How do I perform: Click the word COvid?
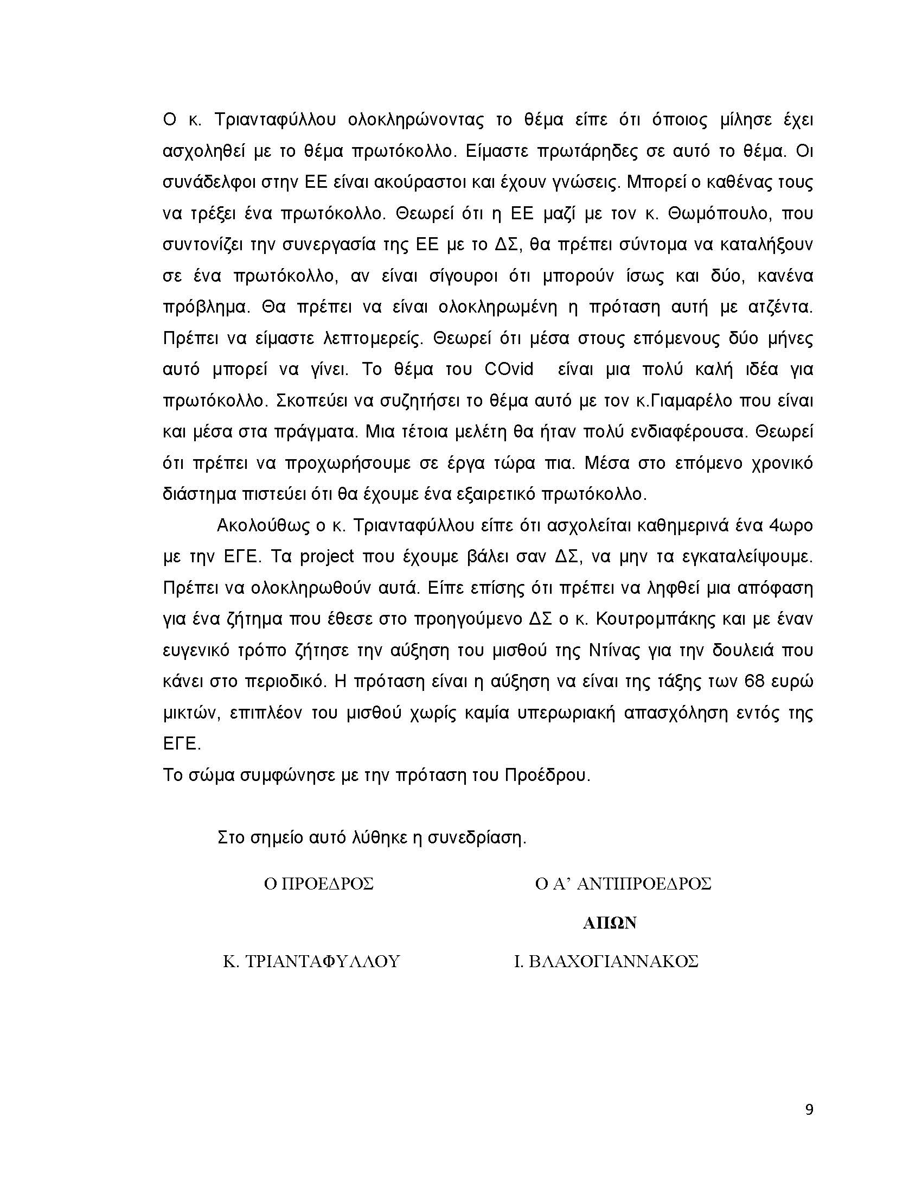pos(509,370)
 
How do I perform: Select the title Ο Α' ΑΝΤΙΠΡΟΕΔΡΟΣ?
pos(623,884)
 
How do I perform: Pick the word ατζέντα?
pos(778,307)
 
